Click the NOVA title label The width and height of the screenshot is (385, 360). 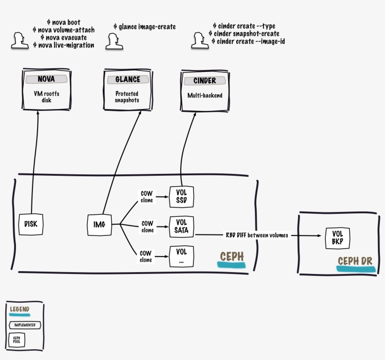[46, 79]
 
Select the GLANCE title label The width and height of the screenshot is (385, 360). [128, 80]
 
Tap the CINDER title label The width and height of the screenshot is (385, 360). [205, 81]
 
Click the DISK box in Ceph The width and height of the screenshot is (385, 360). [31, 224]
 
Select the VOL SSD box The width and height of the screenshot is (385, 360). [181, 196]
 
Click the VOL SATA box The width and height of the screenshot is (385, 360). [181, 227]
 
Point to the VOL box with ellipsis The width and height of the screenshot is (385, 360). [181, 257]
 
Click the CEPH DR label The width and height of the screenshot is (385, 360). [355, 261]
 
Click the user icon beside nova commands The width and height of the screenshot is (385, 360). [19, 40]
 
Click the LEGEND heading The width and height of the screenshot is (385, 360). [19, 310]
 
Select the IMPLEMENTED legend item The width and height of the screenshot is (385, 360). [24, 325]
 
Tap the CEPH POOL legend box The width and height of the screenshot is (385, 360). [16, 339]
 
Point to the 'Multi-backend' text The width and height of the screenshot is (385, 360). [205, 95]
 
